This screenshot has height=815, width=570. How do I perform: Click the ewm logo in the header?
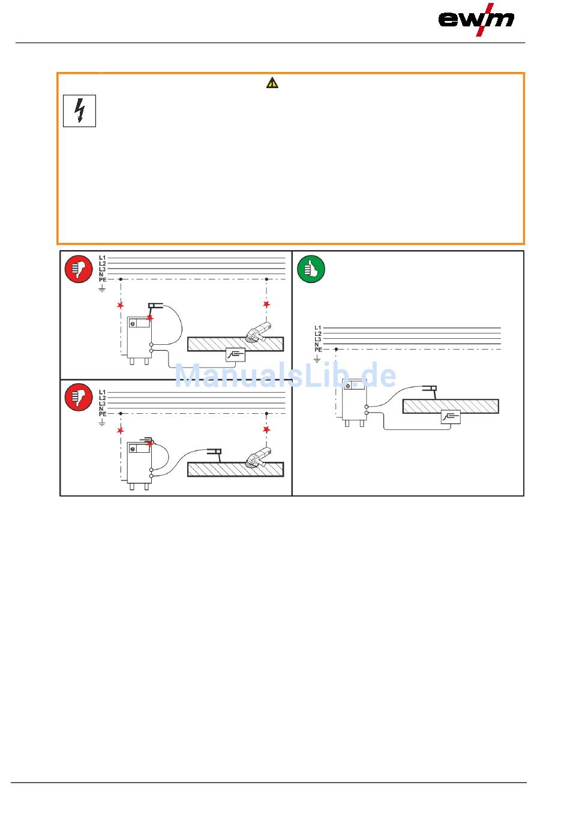click(476, 19)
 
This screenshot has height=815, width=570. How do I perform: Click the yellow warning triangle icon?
click(272, 83)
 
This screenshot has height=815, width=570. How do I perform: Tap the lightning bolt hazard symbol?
click(80, 111)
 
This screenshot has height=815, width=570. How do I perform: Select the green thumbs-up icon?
click(311, 269)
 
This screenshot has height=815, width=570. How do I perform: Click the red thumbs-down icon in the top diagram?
click(79, 269)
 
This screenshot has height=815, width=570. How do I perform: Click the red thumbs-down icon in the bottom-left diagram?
click(79, 397)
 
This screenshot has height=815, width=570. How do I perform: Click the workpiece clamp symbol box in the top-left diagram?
click(236, 355)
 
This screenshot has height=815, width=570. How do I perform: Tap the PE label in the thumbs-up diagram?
click(318, 350)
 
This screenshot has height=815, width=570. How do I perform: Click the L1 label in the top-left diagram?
click(102, 257)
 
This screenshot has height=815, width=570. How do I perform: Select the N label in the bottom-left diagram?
click(101, 408)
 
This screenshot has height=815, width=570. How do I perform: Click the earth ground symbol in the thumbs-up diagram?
click(318, 359)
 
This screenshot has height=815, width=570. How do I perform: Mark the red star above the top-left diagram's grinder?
click(266, 305)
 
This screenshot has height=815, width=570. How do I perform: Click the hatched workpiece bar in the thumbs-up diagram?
click(451, 407)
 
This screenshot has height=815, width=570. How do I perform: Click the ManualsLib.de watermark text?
click(285, 376)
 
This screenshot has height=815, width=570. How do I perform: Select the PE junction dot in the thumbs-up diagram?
click(336, 349)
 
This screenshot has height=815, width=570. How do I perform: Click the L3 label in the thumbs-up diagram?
click(318, 339)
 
